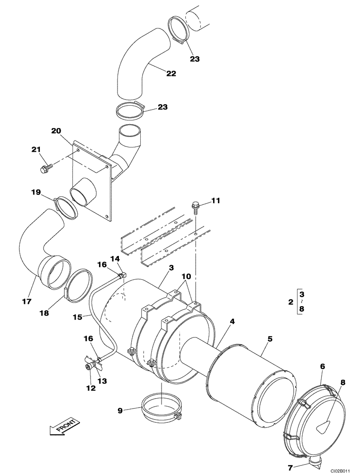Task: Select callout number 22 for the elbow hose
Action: pos(171,73)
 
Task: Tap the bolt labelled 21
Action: pos(47,167)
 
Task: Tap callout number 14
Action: pos(116,258)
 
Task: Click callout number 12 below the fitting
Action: pos(90,388)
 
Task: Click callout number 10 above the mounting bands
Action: pos(186,276)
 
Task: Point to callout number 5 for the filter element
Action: pos(270,338)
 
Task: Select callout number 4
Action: pos(233,321)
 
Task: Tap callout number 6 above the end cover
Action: pos(322,367)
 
